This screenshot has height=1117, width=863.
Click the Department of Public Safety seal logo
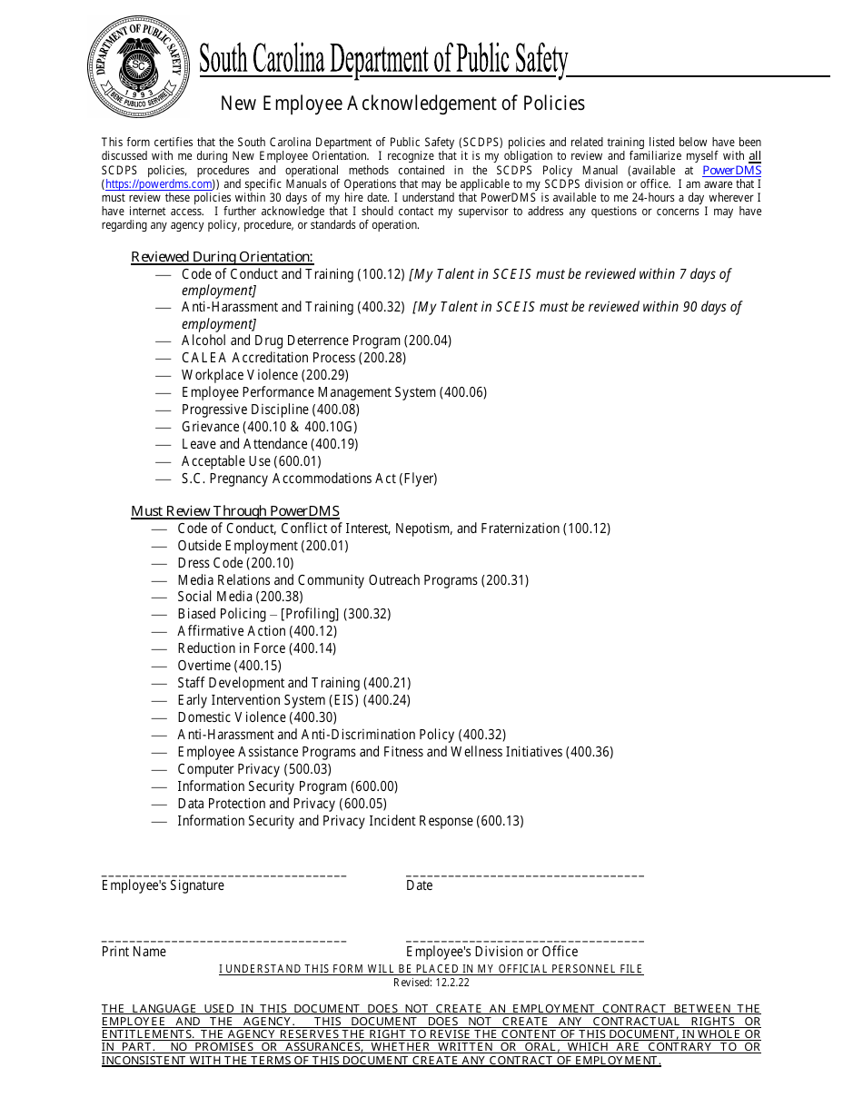point(138,66)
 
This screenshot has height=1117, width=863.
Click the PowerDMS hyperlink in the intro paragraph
point(731,170)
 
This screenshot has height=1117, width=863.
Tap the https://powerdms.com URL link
point(159,184)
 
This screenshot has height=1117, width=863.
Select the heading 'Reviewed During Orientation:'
point(222,257)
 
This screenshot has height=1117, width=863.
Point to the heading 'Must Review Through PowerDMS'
point(234,511)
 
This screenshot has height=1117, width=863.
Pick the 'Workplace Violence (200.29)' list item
point(264,375)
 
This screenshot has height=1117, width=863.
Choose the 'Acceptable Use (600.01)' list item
point(251,461)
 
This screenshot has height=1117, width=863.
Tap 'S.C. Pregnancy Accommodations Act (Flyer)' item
point(309,479)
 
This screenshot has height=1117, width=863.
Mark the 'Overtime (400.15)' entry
point(229,666)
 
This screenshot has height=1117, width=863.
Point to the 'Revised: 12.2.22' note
point(431,983)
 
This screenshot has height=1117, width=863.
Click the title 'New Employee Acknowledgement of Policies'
point(402,104)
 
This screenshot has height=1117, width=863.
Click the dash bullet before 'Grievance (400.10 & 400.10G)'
point(164,427)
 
